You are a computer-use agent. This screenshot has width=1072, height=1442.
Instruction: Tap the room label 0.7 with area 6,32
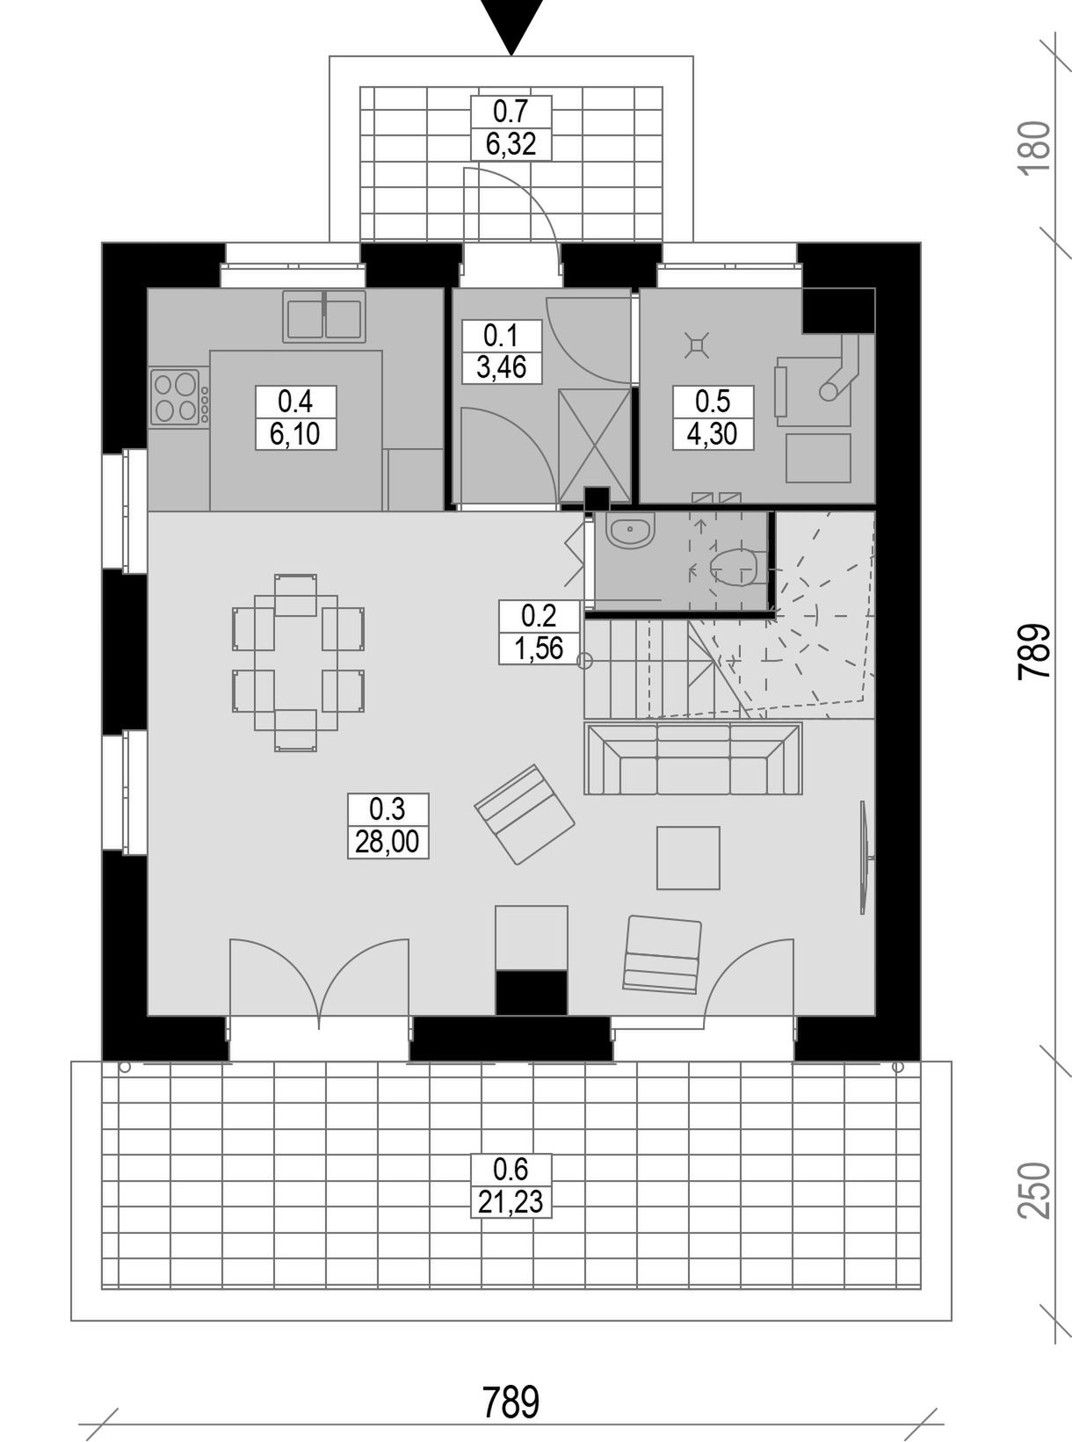click(511, 128)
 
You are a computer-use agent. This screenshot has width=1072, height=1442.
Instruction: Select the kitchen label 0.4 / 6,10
click(296, 417)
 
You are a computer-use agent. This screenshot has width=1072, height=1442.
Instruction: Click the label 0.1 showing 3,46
click(501, 351)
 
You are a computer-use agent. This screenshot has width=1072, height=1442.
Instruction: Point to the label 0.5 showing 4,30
click(713, 417)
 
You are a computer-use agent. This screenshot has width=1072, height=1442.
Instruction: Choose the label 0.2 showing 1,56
click(539, 632)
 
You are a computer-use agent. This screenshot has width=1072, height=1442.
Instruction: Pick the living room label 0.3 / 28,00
click(388, 826)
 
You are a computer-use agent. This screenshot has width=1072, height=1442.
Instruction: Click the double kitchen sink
click(323, 316)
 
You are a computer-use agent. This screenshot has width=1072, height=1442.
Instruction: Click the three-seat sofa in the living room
click(693, 758)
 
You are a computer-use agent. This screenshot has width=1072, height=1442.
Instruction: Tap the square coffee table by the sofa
click(688, 858)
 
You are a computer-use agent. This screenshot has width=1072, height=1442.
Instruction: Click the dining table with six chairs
click(296, 663)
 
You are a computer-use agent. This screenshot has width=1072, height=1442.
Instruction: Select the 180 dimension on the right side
click(1036, 146)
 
